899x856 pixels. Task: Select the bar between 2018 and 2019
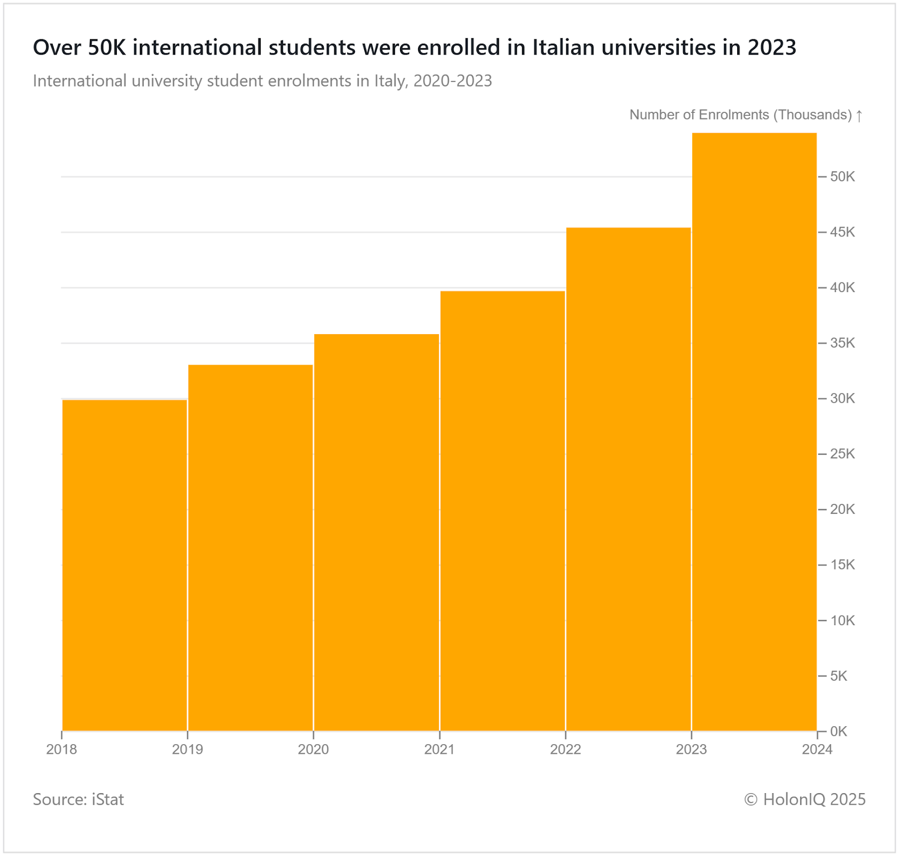(124, 564)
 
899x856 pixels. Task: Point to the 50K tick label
(842, 177)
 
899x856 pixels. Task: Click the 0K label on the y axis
(838, 731)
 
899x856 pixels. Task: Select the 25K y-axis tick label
(842, 454)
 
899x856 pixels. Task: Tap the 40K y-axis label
(842, 288)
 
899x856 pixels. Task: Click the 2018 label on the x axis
(62, 749)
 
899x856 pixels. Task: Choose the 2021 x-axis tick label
(439, 749)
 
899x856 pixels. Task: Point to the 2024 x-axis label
(817, 749)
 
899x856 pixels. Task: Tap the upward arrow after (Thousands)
(859, 116)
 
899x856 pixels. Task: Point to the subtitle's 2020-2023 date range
(452, 81)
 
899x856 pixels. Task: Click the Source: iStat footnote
(78, 799)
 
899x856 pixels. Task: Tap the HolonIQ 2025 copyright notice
(805, 799)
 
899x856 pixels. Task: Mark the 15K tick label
(842, 564)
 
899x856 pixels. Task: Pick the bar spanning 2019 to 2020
(251, 548)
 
